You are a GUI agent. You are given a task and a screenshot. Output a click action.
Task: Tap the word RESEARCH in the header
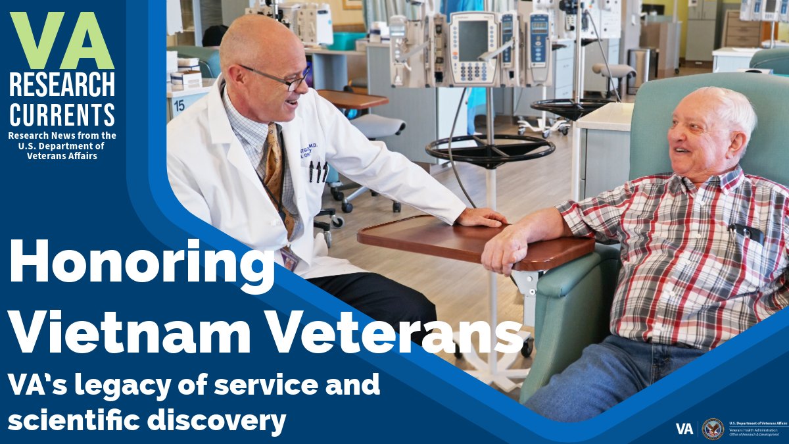(x=62, y=85)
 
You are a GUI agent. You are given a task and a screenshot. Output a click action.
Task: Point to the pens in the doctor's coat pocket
(x=318, y=171)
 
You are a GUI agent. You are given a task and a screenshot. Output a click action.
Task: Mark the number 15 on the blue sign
(x=178, y=105)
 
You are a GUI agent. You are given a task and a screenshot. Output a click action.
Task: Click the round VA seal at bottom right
(x=713, y=429)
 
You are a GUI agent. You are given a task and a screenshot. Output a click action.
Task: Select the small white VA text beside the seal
(x=684, y=429)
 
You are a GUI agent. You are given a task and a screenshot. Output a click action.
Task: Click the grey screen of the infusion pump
(x=474, y=41)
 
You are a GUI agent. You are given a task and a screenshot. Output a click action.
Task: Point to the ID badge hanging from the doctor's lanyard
(x=289, y=258)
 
